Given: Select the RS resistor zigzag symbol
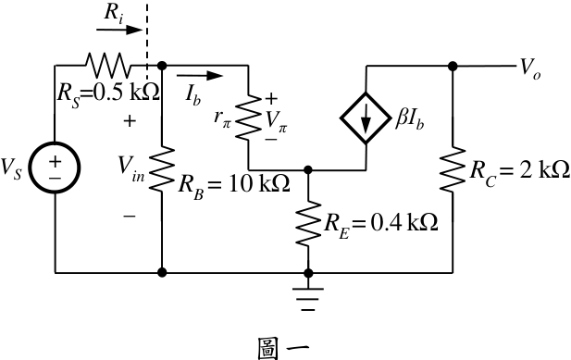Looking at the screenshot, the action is (107, 66).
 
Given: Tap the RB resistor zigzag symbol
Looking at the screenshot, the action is (162, 169).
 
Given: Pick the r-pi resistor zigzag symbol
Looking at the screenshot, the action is (248, 118).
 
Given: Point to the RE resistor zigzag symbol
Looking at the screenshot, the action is (308, 222).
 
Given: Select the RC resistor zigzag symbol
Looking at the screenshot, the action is (453, 169).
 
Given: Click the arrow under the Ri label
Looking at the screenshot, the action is (119, 30).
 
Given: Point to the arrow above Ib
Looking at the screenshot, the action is (200, 76).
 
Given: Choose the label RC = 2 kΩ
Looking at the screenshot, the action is (520, 170).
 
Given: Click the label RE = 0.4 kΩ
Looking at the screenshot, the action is (381, 224).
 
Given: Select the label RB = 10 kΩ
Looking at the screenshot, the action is (234, 185).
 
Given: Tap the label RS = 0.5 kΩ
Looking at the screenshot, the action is (108, 94).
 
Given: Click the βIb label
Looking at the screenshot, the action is (410, 119).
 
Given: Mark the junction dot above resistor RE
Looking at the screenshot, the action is (308, 169).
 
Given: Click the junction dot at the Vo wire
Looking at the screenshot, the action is (453, 67).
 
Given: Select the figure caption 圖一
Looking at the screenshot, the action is (283, 348).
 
